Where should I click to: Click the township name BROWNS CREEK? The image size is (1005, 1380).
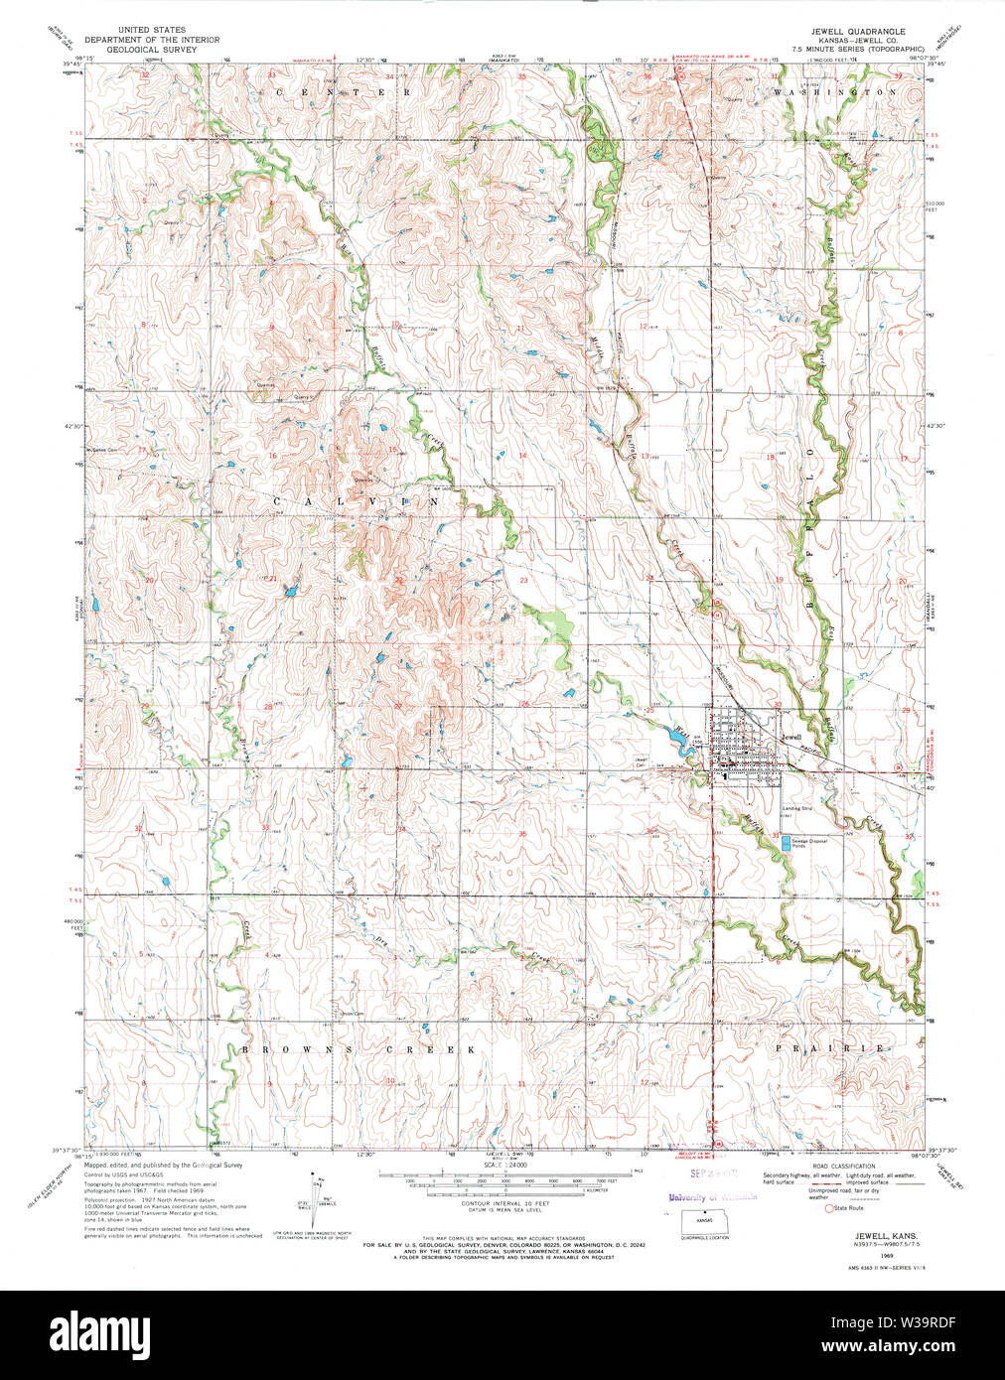[x=357, y=1049]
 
